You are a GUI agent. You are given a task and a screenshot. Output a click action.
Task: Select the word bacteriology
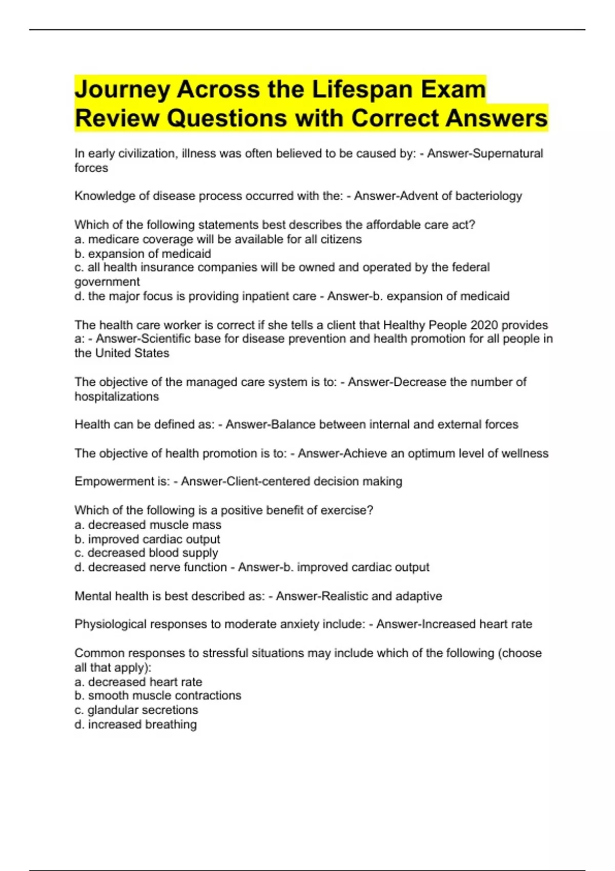489,196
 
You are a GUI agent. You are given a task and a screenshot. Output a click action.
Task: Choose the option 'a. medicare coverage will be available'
218,239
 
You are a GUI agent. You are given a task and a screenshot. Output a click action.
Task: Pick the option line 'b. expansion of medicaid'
142,254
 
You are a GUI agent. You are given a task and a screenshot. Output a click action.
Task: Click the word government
107,282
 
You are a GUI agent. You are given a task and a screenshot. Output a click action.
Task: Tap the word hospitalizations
116,397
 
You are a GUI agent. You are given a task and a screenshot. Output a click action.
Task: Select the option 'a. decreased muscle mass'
148,525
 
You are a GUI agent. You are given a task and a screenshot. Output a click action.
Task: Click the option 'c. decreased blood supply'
146,553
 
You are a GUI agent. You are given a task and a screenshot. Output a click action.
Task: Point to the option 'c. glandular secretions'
136,710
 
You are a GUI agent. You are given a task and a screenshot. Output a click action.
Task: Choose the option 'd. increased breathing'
135,724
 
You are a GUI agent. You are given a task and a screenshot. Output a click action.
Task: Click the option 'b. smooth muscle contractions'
157,696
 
